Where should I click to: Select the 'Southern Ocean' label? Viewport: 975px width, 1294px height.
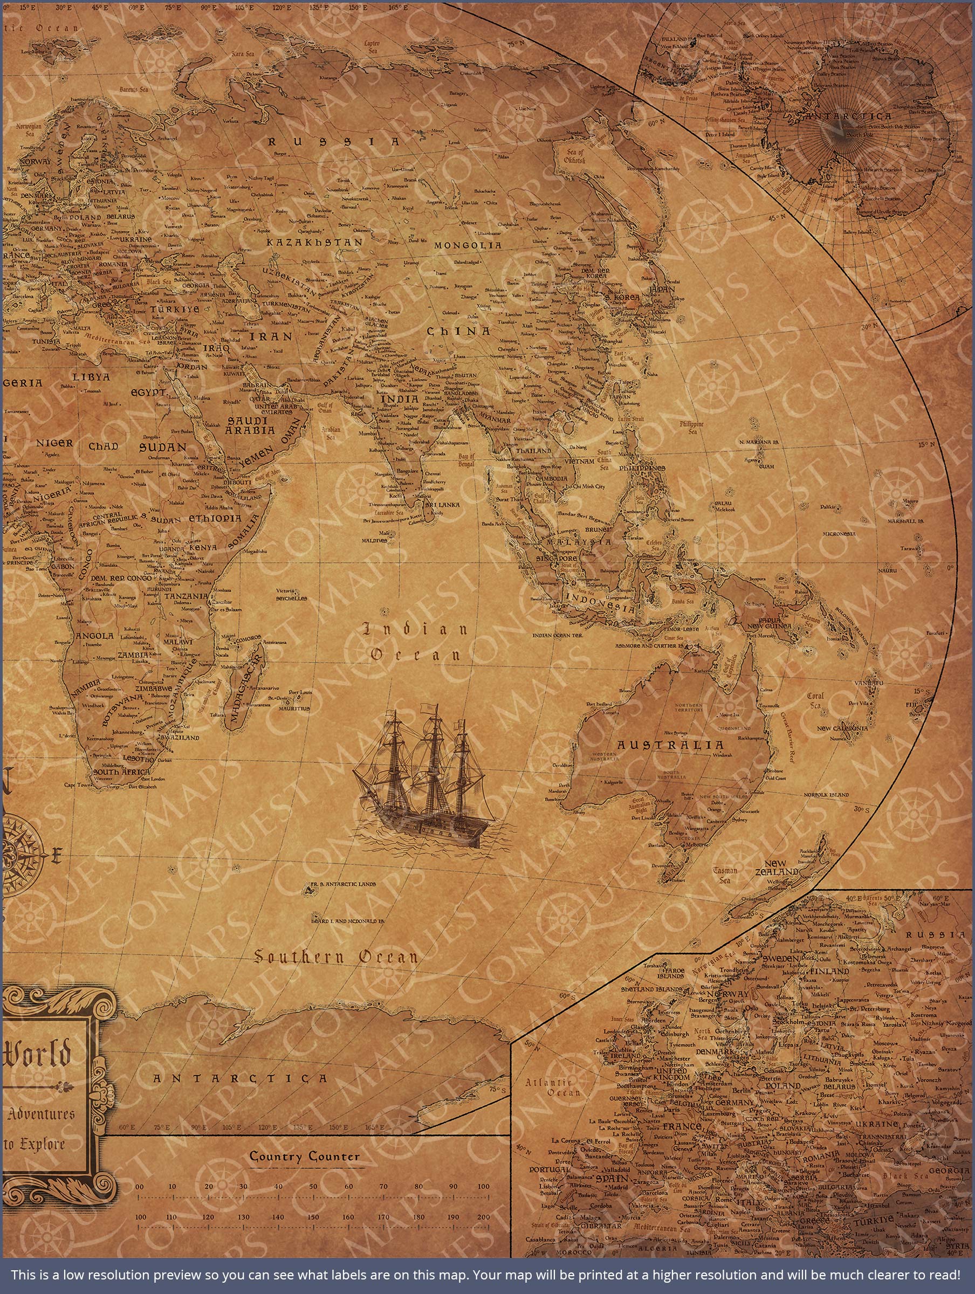click(x=337, y=958)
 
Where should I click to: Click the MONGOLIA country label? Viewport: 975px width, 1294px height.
click(x=468, y=246)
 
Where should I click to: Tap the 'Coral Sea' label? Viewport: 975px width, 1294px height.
click(x=815, y=700)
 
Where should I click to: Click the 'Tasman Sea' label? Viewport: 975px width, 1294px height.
click(x=725, y=875)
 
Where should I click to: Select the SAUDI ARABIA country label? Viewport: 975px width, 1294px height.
click(x=247, y=426)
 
